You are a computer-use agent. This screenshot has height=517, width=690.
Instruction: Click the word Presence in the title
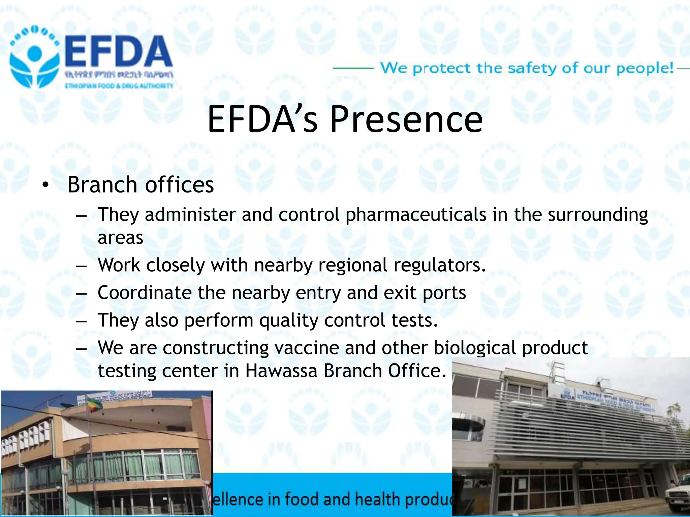(x=406, y=119)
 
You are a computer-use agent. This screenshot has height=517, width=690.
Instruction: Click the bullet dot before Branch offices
(x=45, y=185)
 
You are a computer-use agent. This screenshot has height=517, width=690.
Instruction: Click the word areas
(x=120, y=238)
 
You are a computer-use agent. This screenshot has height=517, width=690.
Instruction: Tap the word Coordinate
(x=145, y=292)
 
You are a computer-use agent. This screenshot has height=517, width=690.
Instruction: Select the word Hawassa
(x=281, y=371)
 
